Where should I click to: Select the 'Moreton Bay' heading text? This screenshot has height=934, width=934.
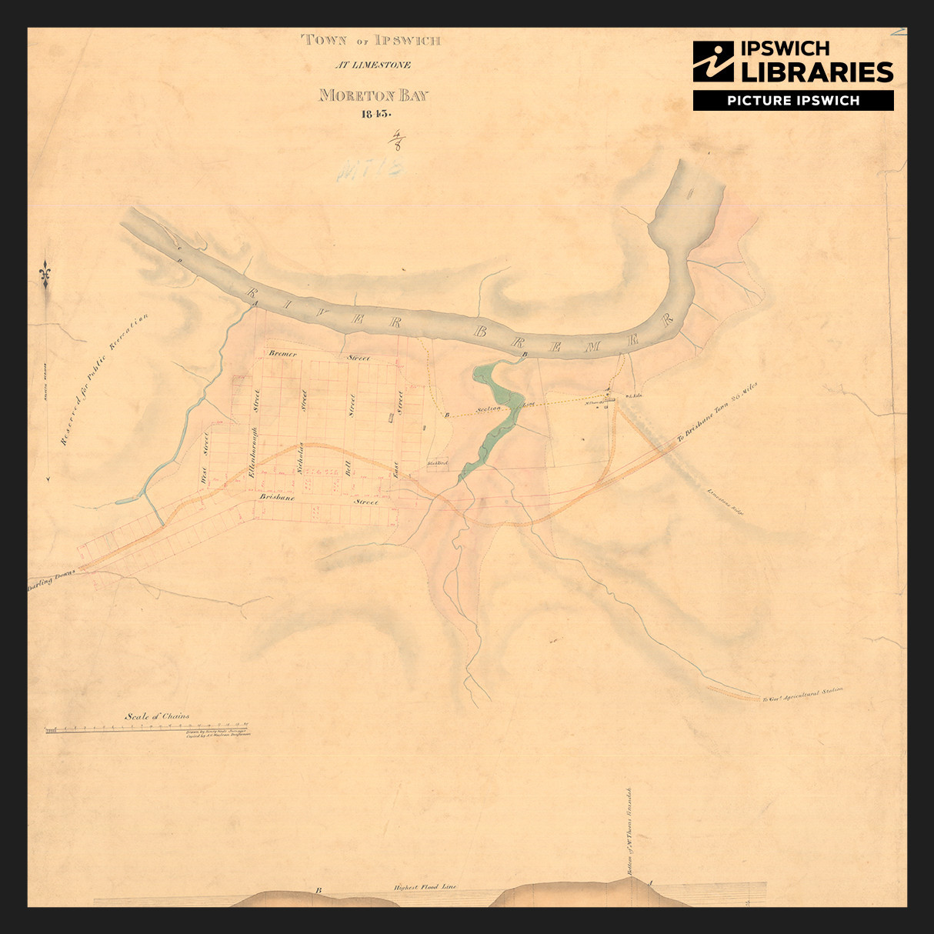click(x=374, y=95)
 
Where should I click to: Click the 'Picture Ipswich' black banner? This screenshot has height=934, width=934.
click(x=793, y=101)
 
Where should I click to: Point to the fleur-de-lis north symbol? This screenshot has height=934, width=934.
click(x=46, y=274)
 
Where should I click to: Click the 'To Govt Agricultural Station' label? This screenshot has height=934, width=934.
click(x=802, y=695)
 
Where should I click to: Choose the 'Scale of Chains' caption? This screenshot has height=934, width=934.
click(x=157, y=716)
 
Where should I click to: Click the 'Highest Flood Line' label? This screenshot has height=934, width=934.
click(x=425, y=887)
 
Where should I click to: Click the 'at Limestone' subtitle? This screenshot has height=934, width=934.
click(x=372, y=65)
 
